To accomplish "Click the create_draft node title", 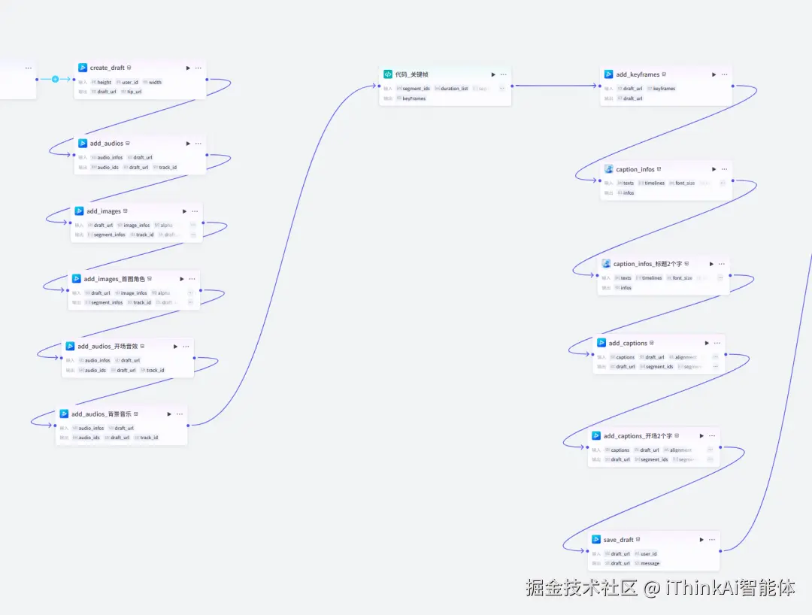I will click(107, 68).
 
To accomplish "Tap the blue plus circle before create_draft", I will click(55, 79).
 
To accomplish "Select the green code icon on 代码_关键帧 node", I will click(388, 74).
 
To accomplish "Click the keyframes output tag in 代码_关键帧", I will click(414, 98).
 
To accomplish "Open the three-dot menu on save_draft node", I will click(711, 540).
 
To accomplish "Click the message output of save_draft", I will click(650, 563).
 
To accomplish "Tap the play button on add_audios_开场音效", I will click(175, 347).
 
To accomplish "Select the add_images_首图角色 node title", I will click(114, 279).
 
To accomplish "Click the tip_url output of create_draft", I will click(133, 92).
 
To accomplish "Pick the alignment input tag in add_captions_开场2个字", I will click(680, 450).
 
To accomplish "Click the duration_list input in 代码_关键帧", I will click(454, 89).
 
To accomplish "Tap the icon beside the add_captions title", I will click(601, 343).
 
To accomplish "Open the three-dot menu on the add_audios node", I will click(198, 143).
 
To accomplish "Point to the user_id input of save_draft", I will click(648, 554).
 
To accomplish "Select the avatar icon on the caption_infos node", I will click(609, 169).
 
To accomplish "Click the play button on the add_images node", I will click(184, 211).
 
